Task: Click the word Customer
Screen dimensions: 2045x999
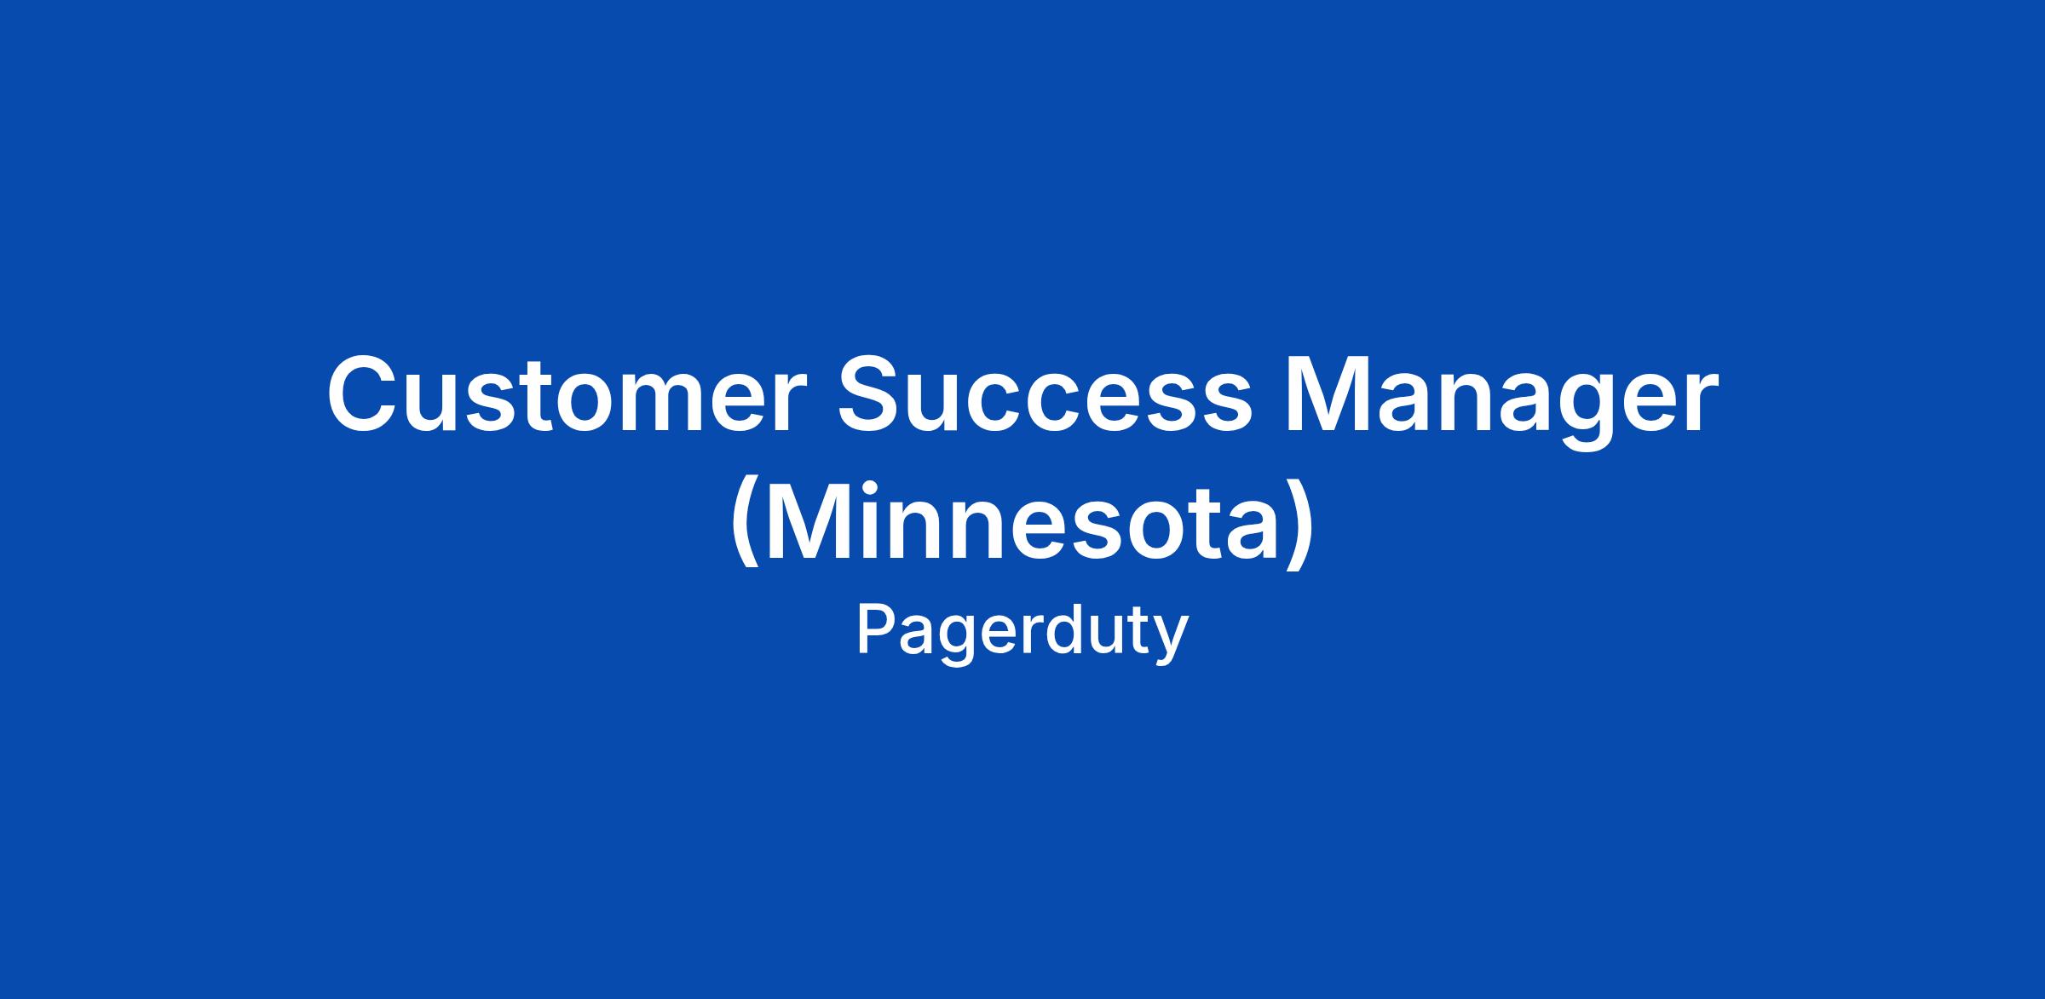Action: point(566,393)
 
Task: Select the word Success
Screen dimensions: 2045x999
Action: point(1046,393)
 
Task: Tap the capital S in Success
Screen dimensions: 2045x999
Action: point(873,393)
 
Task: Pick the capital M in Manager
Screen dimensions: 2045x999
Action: point(1328,393)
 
